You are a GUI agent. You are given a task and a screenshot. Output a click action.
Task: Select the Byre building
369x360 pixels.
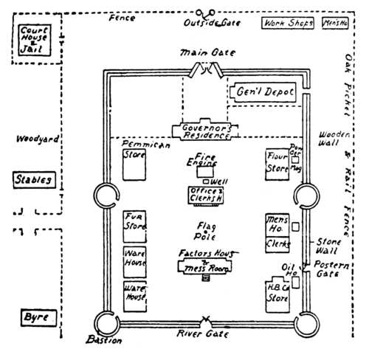pyautogui.click(x=37, y=317)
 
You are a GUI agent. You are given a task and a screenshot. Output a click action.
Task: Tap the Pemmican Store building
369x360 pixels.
pyautogui.click(x=135, y=162)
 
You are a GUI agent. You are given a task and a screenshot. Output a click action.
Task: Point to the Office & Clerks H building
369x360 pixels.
pyautogui.click(x=207, y=195)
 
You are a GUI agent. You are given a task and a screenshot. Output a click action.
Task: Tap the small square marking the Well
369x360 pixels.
pyautogui.click(x=205, y=181)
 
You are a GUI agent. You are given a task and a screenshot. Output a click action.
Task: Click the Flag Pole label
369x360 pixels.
pyautogui.click(x=205, y=229)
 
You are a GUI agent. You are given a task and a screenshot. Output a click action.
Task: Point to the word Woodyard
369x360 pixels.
pyautogui.click(x=30, y=139)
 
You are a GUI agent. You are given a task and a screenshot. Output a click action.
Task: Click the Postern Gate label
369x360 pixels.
pyautogui.click(x=325, y=269)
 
